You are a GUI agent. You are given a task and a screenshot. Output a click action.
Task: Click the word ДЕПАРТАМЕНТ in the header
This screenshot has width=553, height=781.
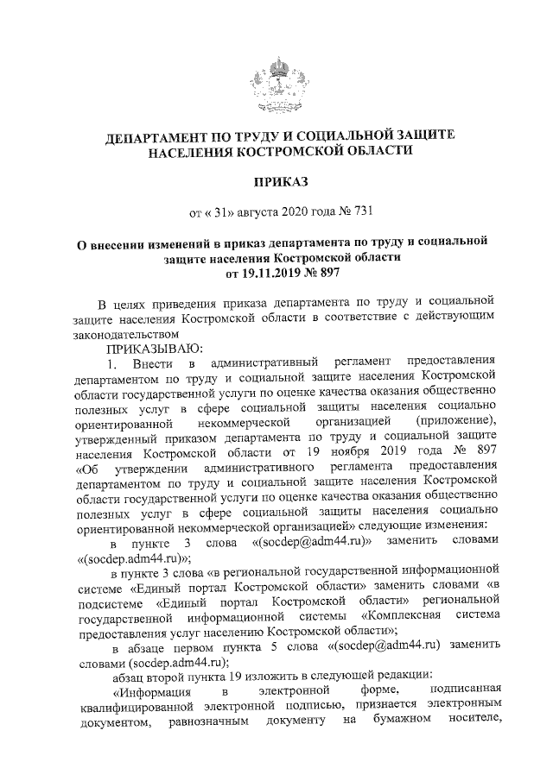click(158, 137)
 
